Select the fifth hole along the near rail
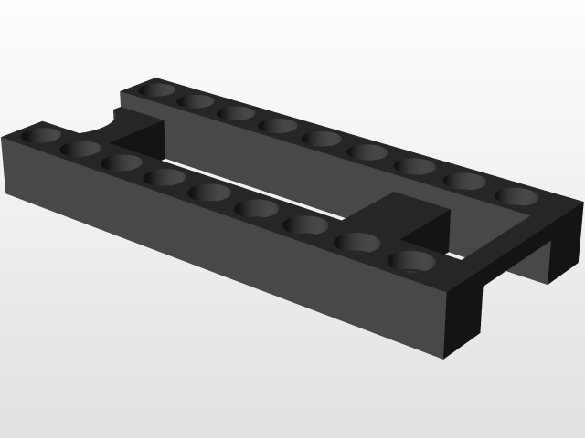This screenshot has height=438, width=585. click(209, 192)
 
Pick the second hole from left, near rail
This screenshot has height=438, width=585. click(82, 148)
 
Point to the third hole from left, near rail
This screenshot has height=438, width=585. click(121, 162)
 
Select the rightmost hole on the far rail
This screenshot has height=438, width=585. click(517, 196)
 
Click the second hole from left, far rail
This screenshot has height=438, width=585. click(196, 100)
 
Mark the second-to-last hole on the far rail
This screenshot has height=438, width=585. click(465, 181)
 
